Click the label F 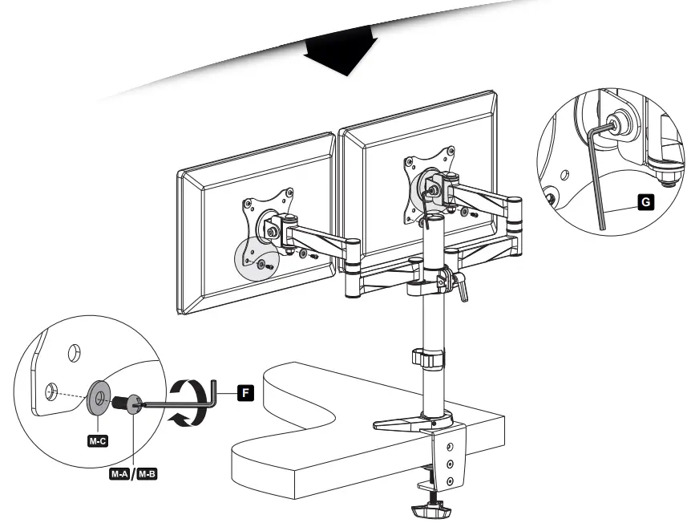tap(247, 392)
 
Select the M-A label tap(120, 474)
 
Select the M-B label tap(147, 474)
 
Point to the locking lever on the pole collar tap(462, 285)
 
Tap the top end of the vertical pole tap(434, 217)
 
